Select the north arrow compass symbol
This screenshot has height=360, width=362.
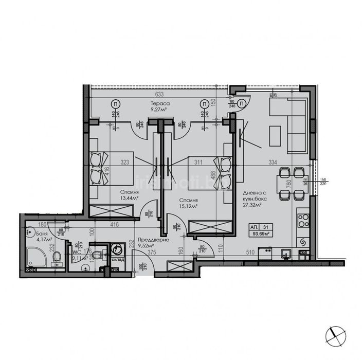point(335,335)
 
